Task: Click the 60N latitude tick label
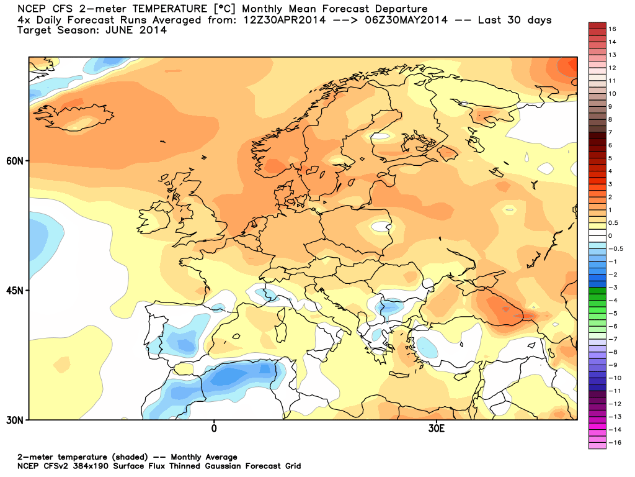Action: [x=15, y=161]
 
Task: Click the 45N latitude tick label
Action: [x=15, y=291]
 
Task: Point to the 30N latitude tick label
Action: [x=15, y=420]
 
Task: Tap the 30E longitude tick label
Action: [x=436, y=429]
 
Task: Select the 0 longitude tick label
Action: [x=214, y=429]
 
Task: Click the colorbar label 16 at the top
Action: [x=612, y=29]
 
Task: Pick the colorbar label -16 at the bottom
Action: [x=615, y=442]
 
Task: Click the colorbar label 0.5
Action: [x=613, y=223]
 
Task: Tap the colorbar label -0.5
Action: [x=616, y=248]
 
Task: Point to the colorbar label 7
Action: [x=610, y=132]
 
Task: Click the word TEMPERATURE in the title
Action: [x=170, y=9]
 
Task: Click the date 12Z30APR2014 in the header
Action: [x=284, y=20]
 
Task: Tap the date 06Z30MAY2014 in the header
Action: [x=406, y=20]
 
